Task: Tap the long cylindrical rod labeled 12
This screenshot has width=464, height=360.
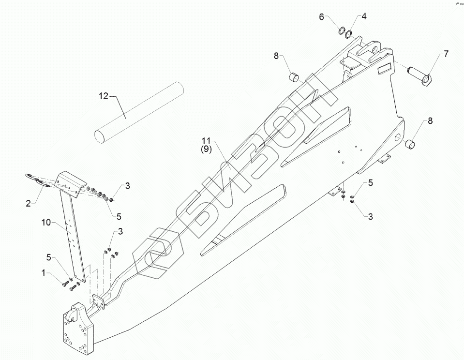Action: [x=139, y=112]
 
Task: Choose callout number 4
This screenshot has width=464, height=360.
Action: [x=364, y=16]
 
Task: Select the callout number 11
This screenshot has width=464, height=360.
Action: [x=206, y=141]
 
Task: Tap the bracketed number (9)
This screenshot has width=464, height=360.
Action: [x=206, y=150]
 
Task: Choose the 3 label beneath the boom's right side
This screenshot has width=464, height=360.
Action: [x=370, y=217]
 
